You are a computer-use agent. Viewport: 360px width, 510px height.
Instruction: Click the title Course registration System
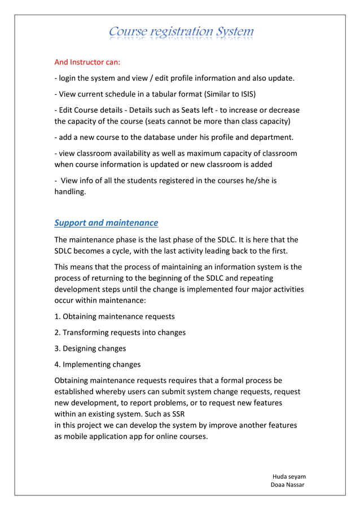click(181, 32)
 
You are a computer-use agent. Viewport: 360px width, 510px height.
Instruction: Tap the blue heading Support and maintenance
click(106, 223)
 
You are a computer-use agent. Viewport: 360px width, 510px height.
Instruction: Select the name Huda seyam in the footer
click(289, 476)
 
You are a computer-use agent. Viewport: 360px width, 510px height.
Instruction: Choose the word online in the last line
click(161, 437)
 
